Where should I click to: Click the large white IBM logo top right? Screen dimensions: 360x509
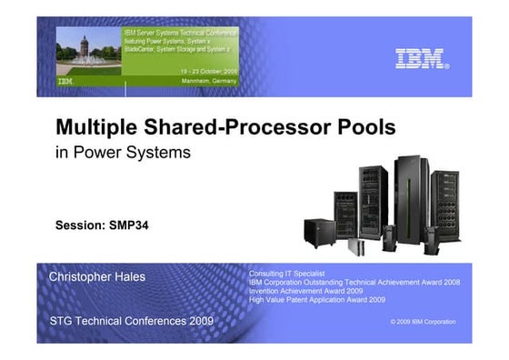click(422, 59)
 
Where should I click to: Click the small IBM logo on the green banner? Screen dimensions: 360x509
click(65, 81)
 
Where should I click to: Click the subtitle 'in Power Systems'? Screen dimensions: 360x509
click(124, 153)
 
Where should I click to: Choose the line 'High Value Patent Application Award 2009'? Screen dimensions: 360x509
click(317, 299)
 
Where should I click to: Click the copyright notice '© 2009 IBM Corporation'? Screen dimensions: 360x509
click(423, 322)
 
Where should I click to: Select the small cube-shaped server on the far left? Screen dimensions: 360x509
click(320, 232)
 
